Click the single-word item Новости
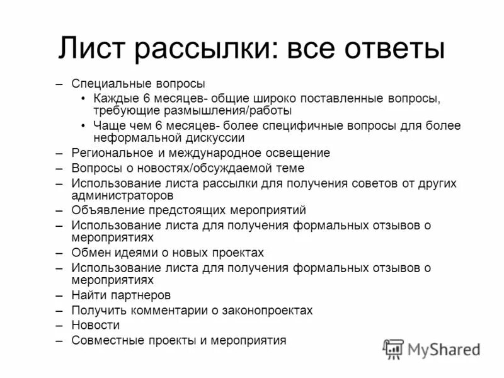[x=95, y=325]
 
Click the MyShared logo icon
[x=393, y=348]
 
